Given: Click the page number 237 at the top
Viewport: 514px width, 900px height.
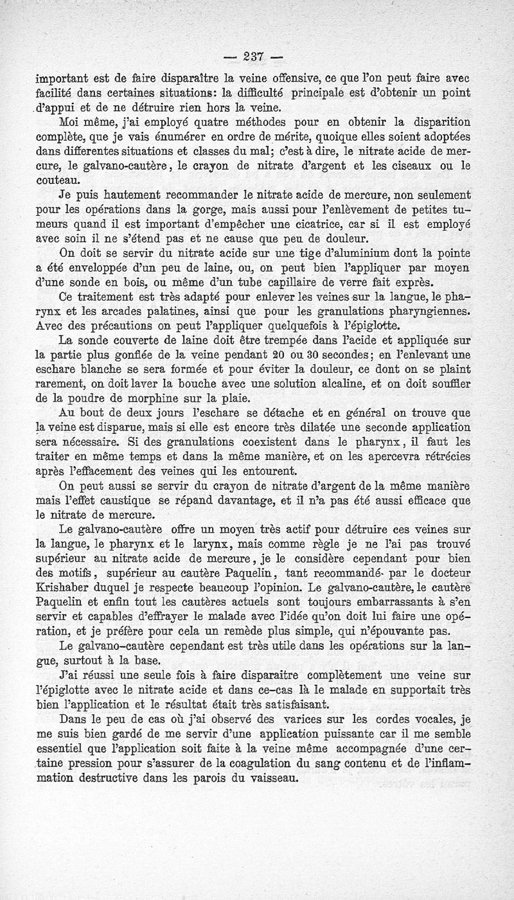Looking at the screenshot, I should pyautogui.click(x=254, y=56).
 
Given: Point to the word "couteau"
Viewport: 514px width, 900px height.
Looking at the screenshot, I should pyautogui.click(x=56, y=181).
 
